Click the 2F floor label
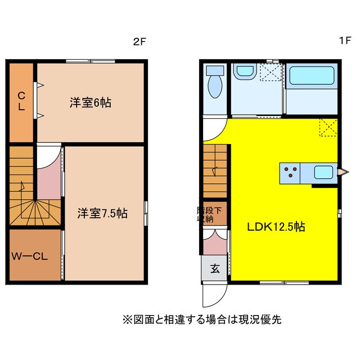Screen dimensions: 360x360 pos(139,42)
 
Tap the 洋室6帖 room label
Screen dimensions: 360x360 pos(90,103)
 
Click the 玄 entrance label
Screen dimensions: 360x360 pos(215,268)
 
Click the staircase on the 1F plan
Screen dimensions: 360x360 pos(214,169)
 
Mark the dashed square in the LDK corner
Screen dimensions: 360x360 pos(328,127)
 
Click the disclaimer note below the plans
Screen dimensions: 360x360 pos(201,319)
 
